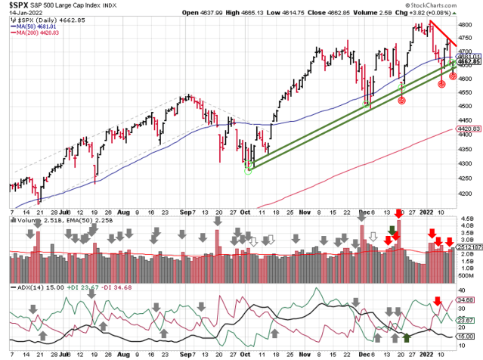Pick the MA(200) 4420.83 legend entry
click(36, 35)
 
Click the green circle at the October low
click(247, 169)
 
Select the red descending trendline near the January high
click(441, 35)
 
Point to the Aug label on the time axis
click(125, 213)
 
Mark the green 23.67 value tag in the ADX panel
click(469, 320)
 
